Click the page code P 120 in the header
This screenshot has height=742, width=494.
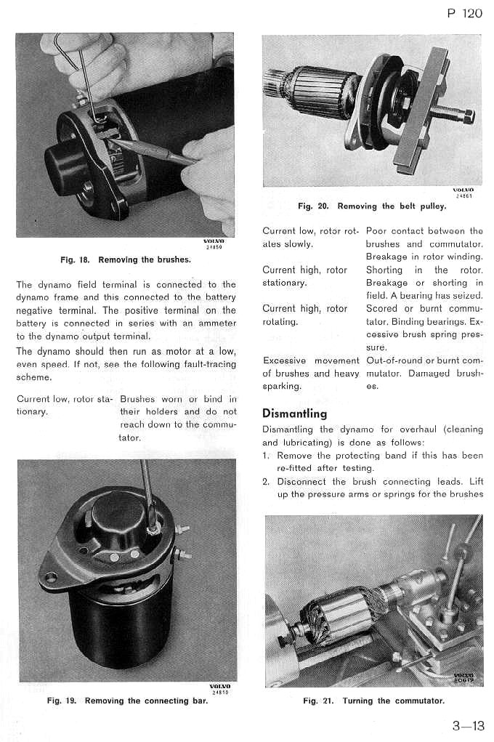click(x=461, y=13)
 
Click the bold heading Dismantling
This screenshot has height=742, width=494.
click(x=294, y=414)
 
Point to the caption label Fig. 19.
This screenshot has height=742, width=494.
click(x=63, y=701)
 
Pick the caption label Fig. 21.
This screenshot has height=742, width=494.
click(x=320, y=701)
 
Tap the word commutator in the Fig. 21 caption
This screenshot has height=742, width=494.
click(x=418, y=701)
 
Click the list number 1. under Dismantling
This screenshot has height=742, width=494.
click(x=266, y=456)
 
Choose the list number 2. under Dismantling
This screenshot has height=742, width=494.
click(x=266, y=481)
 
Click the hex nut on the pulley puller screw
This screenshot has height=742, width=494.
click(x=468, y=116)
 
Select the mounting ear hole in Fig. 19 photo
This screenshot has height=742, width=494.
click(x=50, y=578)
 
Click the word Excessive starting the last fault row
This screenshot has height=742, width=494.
click(x=285, y=360)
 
